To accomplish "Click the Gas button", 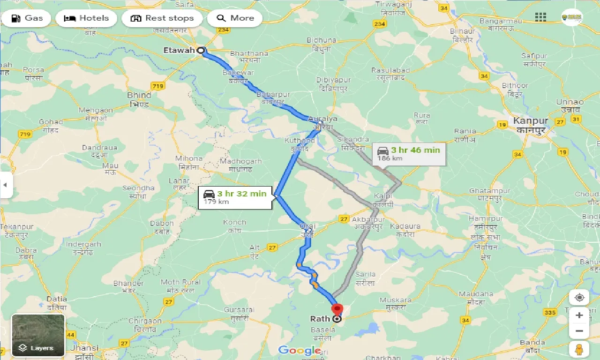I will pyautogui.click(x=26, y=18).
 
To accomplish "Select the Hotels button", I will pyautogui.click(x=86, y=18).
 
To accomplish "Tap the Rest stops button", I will pyautogui.click(x=162, y=18).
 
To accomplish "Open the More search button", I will pyautogui.click(x=235, y=18).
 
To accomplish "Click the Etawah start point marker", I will pyautogui.click(x=201, y=51).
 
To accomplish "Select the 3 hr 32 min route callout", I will pyautogui.click(x=236, y=197).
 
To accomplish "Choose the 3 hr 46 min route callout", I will pyautogui.click(x=409, y=153).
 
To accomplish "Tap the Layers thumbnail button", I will pyautogui.click(x=38, y=335).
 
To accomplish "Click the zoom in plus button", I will pyautogui.click(x=579, y=315).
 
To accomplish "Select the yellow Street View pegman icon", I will pyautogui.click(x=579, y=349).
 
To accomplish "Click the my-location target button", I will pyautogui.click(x=579, y=298).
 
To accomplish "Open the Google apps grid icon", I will pyautogui.click(x=540, y=17).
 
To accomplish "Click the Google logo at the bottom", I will pyautogui.click(x=300, y=350).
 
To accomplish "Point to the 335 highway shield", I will pyautogui.click(x=550, y=313).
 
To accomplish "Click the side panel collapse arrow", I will pyautogui.click(x=5, y=185).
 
